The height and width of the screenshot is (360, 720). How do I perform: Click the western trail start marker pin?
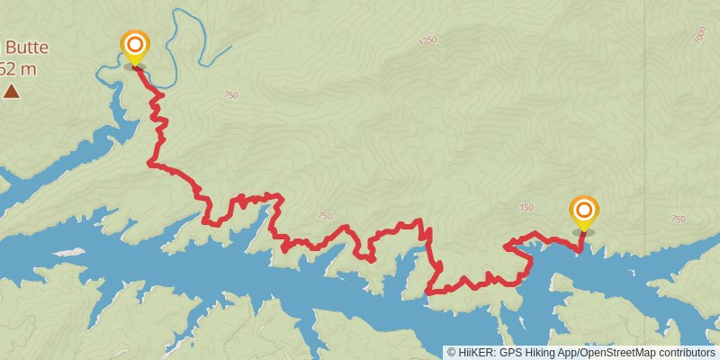pyautogui.click(x=135, y=44)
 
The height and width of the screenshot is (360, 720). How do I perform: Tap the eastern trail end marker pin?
pyautogui.click(x=583, y=211)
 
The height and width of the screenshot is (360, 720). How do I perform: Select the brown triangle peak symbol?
pyautogui.click(x=11, y=90)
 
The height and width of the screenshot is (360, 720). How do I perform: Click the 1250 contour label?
pyautogui.click(x=427, y=40)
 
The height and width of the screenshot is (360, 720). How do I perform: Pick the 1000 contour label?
pyautogui.click(x=701, y=34)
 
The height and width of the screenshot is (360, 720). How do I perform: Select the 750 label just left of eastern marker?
pyautogui.click(x=526, y=208)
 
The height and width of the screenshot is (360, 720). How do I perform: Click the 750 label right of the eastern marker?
pyautogui.click(x=679, y=219)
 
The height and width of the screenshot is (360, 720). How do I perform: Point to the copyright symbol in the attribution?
pyautogui.click(x=452, y=353)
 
